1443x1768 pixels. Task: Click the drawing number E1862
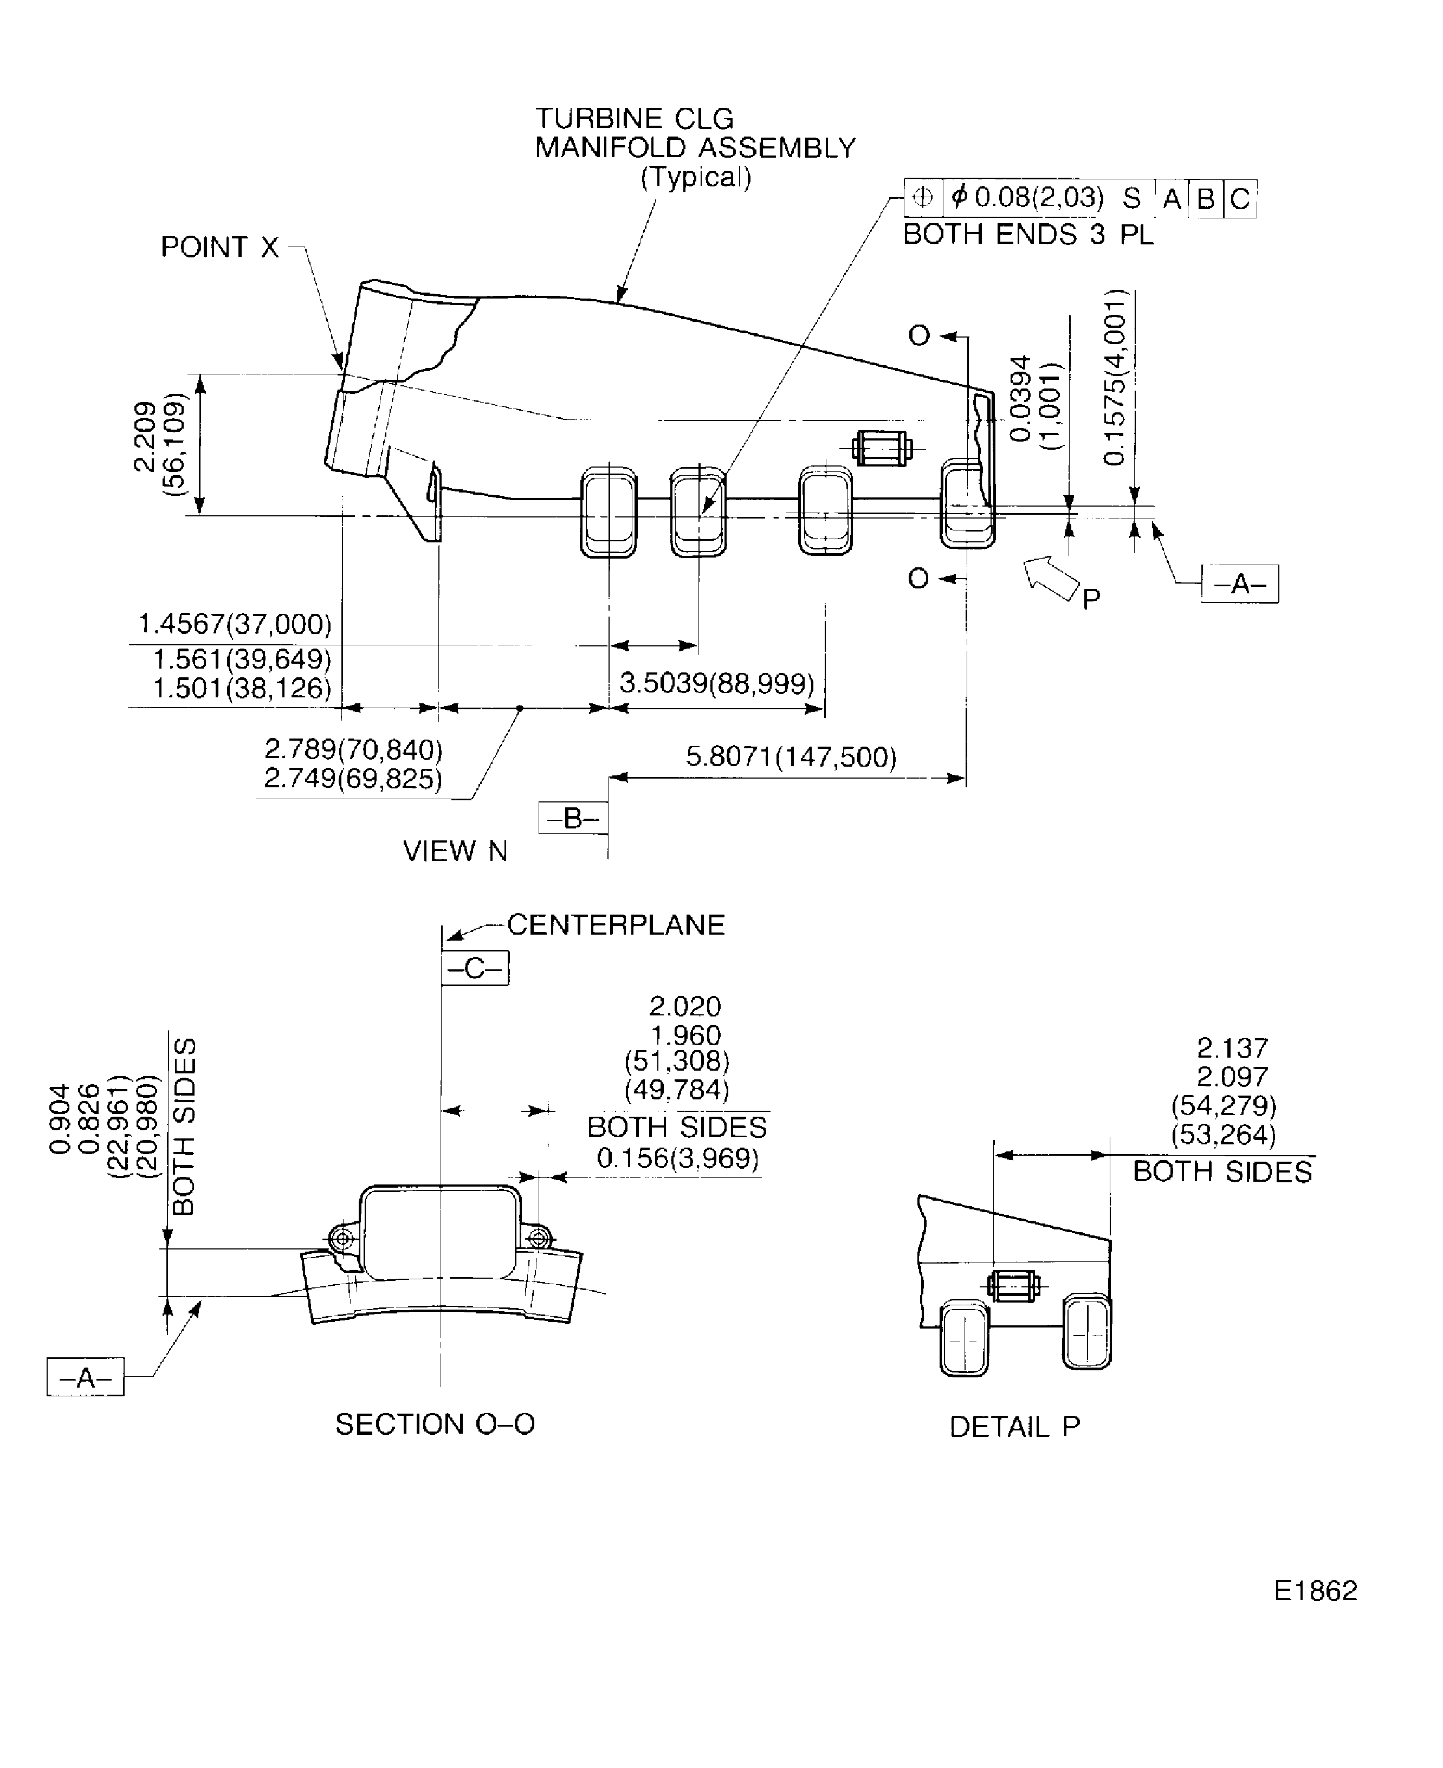[1315, 1590]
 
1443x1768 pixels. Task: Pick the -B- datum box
[573, 819]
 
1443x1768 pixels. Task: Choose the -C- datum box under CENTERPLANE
[475, 968]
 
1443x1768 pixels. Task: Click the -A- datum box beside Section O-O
[85, 1378]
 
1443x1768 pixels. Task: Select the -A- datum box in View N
[1239, 584]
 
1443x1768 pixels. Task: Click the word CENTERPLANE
[616, 925]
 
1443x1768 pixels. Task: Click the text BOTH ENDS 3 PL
[1028, 235]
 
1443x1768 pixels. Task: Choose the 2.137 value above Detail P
[1232, 1048]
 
